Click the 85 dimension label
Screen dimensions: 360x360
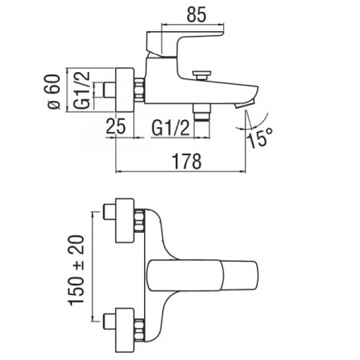pos(196,14)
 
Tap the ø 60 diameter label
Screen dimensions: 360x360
pos(54,91)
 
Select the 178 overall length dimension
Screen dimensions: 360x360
pos(186,161)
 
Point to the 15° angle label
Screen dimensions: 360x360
pos(261,138)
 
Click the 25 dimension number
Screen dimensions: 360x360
pos(116,126)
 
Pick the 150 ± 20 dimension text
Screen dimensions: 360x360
pos(76,270)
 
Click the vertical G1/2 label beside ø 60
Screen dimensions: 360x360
pos(82,90)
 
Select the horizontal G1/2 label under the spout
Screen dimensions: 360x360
pos(170,128)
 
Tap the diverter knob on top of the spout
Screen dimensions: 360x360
pos(202,74)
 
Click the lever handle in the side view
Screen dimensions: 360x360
pos(184,42)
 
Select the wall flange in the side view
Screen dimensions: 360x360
pos(124,90)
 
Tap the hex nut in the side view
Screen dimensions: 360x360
pos(139,90)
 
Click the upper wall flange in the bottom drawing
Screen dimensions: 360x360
pos(124,220)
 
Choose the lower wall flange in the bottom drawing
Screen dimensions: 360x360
pos(124,330)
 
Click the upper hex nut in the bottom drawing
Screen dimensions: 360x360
pos(139,221)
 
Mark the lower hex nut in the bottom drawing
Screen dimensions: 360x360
pos(139,330)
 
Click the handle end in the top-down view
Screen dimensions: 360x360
pos(240,275)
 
